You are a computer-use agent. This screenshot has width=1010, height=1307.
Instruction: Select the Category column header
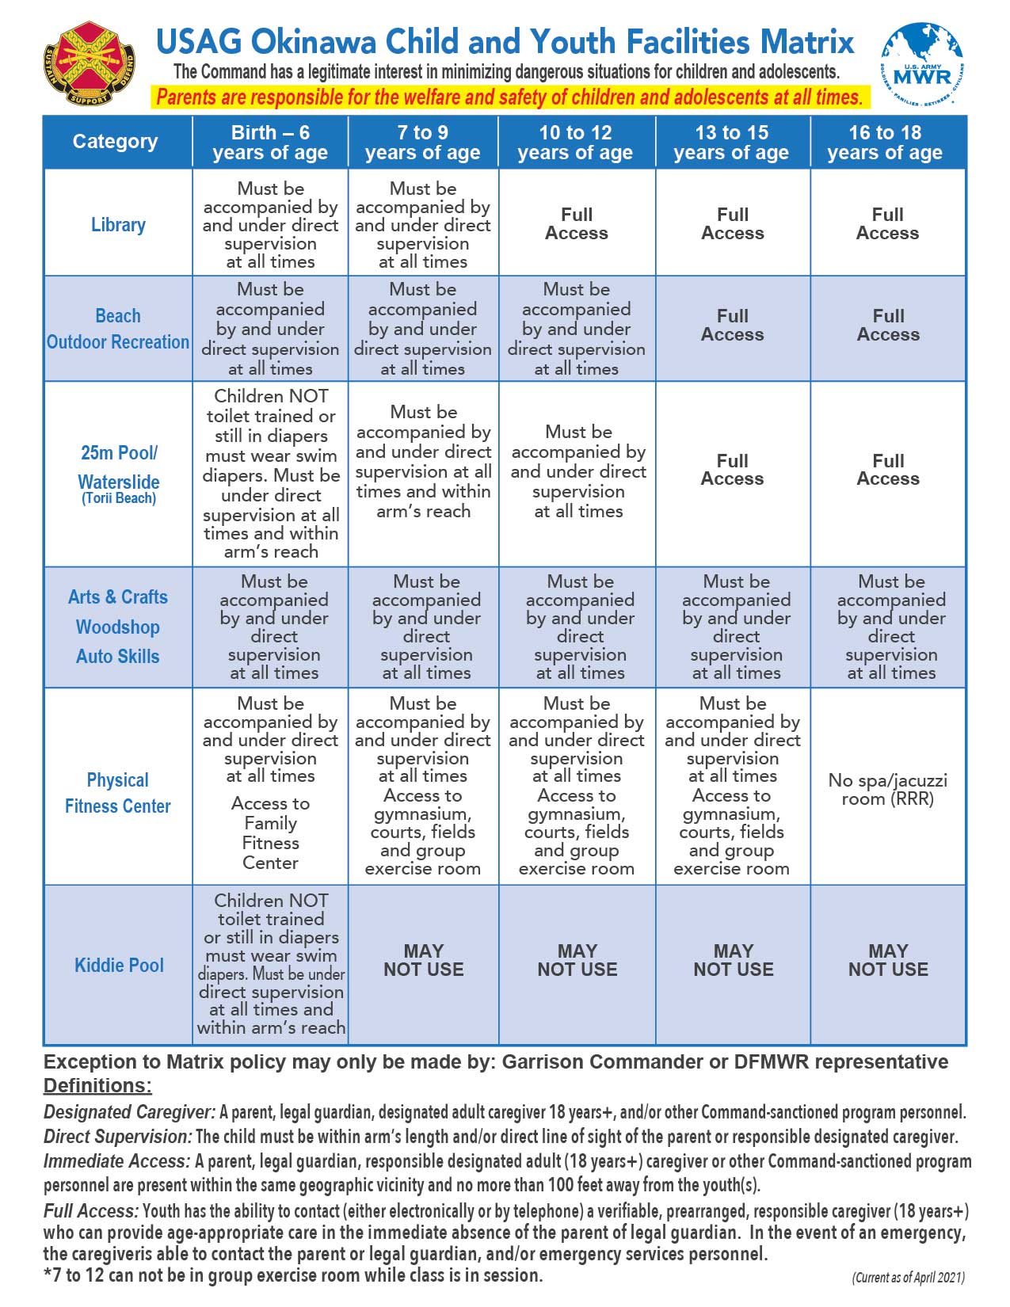116,142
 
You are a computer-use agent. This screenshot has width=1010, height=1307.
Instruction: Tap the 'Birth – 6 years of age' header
270,143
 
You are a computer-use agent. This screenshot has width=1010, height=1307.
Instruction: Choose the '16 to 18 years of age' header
885,143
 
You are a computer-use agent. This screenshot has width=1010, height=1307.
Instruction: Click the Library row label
118,225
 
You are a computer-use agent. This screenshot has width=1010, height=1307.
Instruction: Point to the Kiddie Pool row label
119,965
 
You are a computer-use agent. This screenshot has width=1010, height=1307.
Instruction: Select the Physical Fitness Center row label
118,793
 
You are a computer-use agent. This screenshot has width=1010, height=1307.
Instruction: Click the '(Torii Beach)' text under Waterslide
119,498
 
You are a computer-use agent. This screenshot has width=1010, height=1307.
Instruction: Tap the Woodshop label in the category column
118,627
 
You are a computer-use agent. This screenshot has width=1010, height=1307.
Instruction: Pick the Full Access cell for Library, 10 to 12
577,224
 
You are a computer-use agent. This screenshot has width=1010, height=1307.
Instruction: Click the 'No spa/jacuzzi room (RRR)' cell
887,790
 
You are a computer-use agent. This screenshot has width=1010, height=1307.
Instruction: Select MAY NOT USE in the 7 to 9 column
424,960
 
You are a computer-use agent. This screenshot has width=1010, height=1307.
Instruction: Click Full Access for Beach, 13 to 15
733,326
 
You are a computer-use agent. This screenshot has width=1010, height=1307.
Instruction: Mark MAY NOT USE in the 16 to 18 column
888,960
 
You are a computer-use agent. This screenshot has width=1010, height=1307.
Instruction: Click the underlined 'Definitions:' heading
97,1086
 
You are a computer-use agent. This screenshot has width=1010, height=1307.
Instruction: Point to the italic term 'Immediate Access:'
116,1161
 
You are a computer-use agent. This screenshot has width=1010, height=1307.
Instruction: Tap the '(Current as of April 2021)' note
908,1278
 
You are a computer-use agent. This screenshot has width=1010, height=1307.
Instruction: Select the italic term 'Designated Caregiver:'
129,1112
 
